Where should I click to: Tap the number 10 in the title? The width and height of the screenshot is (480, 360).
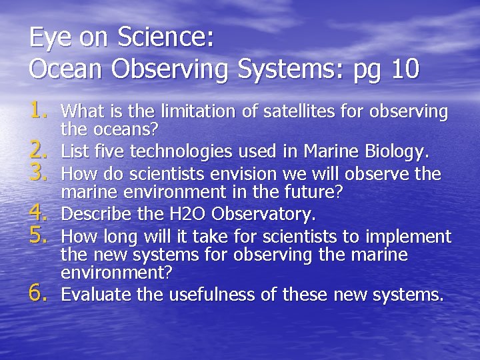pyautogui.click(x=405, y=69)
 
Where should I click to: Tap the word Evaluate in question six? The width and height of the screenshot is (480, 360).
pyautogui.click(x=93, y=294)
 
